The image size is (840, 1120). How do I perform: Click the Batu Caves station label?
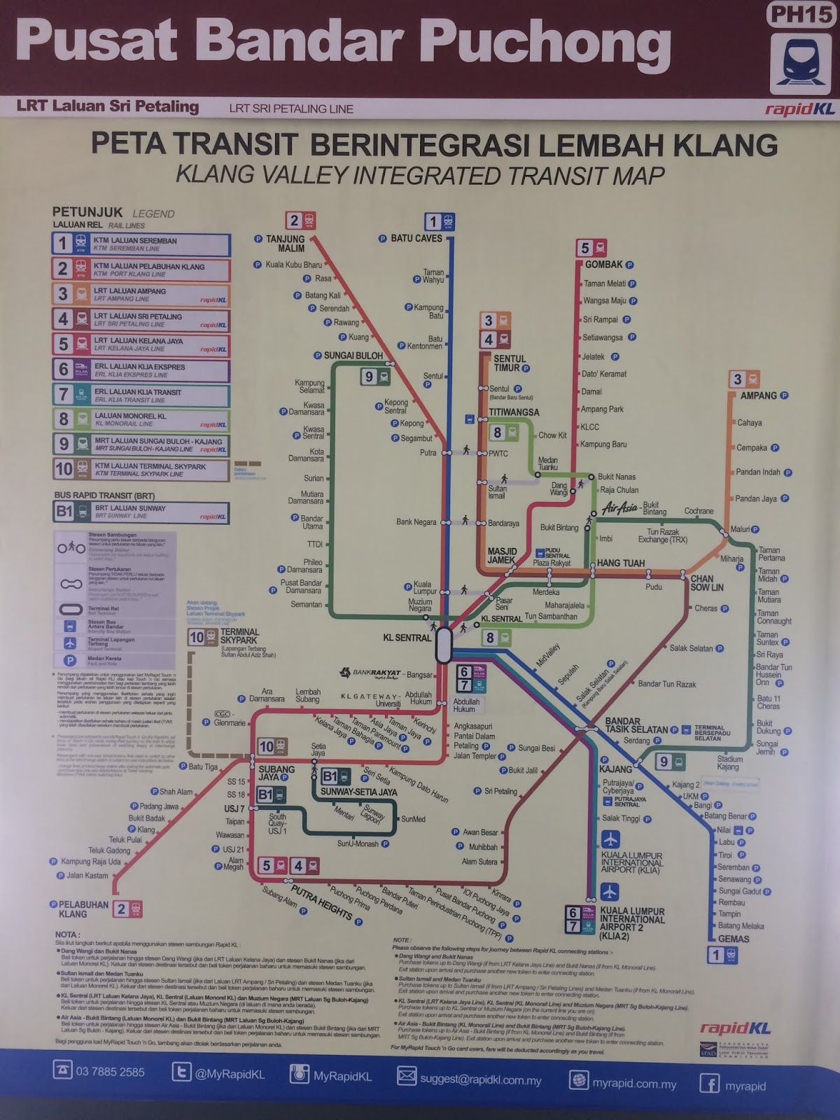coord(416,239)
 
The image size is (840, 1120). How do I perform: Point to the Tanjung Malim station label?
coord(285,244)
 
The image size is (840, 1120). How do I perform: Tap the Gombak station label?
coord(603,265)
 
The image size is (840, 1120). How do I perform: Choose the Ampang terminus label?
coord(758,395)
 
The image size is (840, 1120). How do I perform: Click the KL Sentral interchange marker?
coord(444,645)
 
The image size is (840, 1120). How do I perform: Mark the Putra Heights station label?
coord(321,902)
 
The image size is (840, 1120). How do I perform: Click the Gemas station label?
coord(734,939)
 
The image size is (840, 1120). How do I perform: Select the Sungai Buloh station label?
coord(353,356)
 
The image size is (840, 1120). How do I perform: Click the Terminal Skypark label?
coord(239,636)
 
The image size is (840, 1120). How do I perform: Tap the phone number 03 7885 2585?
coord(110,1072)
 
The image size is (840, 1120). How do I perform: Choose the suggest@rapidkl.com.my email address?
coord(480,1080)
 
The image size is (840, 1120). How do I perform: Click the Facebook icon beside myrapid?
coord(709,1084)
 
